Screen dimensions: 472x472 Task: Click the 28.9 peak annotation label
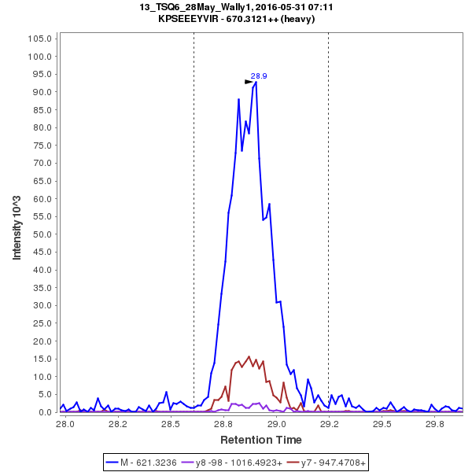coord(259,76)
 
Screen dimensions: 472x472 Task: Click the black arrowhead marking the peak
coord(249,81)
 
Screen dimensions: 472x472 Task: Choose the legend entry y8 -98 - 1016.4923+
coord(234,463)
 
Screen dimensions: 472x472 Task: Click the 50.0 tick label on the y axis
coord(41,234)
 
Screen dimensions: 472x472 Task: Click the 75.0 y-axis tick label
coord(41,146)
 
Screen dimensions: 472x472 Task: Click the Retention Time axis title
coord(260,439)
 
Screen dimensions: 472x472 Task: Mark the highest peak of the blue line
coord(256,82)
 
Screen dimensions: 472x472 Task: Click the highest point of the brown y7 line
coord(249,356)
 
